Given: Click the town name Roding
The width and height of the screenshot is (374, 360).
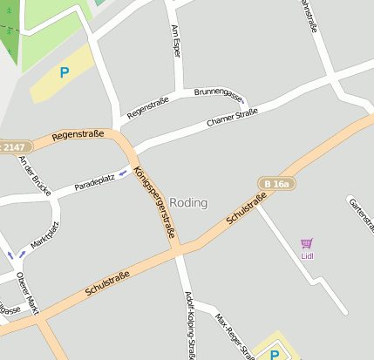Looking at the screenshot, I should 188,202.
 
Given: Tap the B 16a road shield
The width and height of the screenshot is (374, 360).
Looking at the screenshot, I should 275,183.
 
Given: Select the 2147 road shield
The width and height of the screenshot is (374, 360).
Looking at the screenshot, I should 12,147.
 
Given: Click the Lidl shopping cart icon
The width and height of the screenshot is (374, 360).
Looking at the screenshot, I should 306,243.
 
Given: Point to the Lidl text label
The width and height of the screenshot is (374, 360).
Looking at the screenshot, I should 307,256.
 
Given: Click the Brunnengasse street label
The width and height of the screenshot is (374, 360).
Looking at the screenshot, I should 217,92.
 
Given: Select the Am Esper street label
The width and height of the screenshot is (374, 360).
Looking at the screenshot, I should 177,42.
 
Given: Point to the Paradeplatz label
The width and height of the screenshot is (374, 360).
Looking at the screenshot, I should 94,182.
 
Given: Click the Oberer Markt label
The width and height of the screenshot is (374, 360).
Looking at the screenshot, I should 27,292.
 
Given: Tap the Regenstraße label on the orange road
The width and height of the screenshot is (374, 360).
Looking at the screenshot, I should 78,135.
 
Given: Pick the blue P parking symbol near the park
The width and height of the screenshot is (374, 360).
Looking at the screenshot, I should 64,73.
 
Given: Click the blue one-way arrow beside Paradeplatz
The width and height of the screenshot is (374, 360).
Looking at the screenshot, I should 124,172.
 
